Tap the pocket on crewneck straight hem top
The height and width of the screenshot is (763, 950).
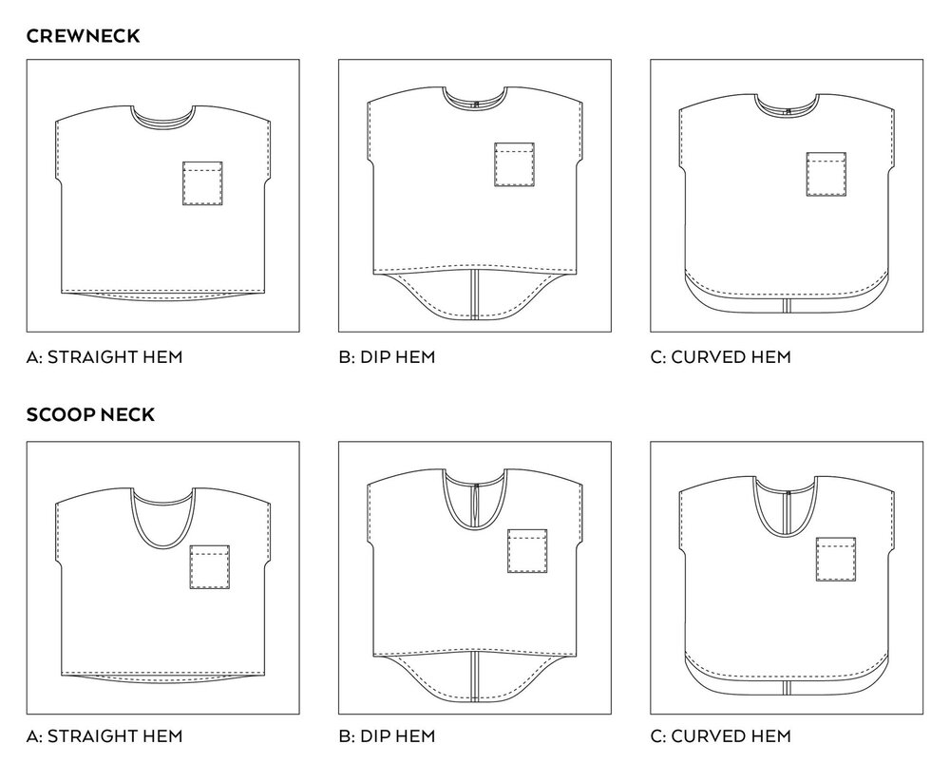point(202,183)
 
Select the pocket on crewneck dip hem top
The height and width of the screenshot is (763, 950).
point(514,164)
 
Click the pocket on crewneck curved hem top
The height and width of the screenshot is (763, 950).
point(826,173)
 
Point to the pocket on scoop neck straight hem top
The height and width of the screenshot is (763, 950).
point(210,567)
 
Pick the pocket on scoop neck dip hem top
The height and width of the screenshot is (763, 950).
point(527,551)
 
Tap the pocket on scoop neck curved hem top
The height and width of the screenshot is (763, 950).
point(836,558)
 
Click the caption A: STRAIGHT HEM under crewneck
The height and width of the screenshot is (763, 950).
point(104,357)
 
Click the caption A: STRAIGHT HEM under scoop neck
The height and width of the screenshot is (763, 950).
point(104,735)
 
